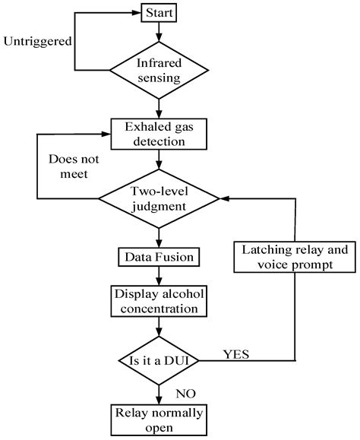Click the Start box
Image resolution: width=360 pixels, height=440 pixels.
pyautogui.click(x=158, y=13)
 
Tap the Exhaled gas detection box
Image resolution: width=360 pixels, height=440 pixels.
pyautogui.click(x=158, y=133)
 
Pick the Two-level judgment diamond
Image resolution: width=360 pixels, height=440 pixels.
pyautogui.click(x=158, y=198)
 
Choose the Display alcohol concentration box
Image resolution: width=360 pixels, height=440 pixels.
pyautogui.click(x=158, y=301)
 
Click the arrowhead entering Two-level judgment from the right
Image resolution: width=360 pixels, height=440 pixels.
pyautogui.click(x=223, y=198)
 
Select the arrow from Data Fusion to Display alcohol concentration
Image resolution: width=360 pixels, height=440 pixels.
pyautogui.click(x=158, y=276)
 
